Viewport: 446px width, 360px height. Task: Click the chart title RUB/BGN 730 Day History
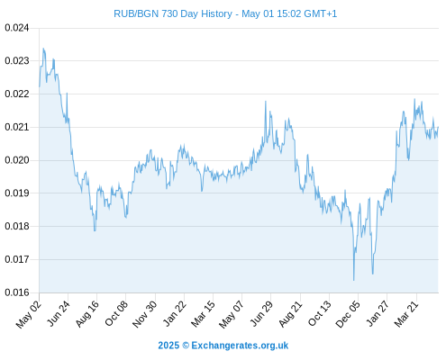(x=173, y=13)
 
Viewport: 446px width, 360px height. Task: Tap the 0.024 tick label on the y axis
(x=17, y=28)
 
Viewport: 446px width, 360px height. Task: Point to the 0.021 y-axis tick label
(x=17, y=127)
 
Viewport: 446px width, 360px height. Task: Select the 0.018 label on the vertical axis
(x=17, y=226)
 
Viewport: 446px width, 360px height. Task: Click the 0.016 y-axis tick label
(x=17, y=292)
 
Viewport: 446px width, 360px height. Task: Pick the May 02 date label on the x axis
(x=29, y=315)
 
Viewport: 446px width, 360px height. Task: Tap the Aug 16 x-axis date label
(x=87, y=314)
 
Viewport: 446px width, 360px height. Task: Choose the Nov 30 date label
(x=145, y=314)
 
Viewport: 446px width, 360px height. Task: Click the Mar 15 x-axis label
(x=203, y=314)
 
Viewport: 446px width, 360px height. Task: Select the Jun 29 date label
(x=261, y=314)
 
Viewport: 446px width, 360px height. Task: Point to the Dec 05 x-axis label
(x=348, y=314)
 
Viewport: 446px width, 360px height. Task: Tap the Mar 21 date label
(x=406, y=314)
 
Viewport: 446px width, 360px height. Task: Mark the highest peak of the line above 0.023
(x=43, y=49)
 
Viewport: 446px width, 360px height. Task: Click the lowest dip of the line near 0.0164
(x=354, y=280)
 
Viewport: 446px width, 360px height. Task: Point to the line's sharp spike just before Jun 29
(x=266, y=102)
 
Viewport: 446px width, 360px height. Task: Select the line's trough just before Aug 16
(x=95, y=230)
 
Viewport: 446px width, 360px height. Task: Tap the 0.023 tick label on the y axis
(x=17, y=61)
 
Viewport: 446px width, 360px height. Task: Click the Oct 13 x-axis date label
(x=320, y=314)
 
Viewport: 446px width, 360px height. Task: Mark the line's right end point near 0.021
(x=438, y=127)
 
